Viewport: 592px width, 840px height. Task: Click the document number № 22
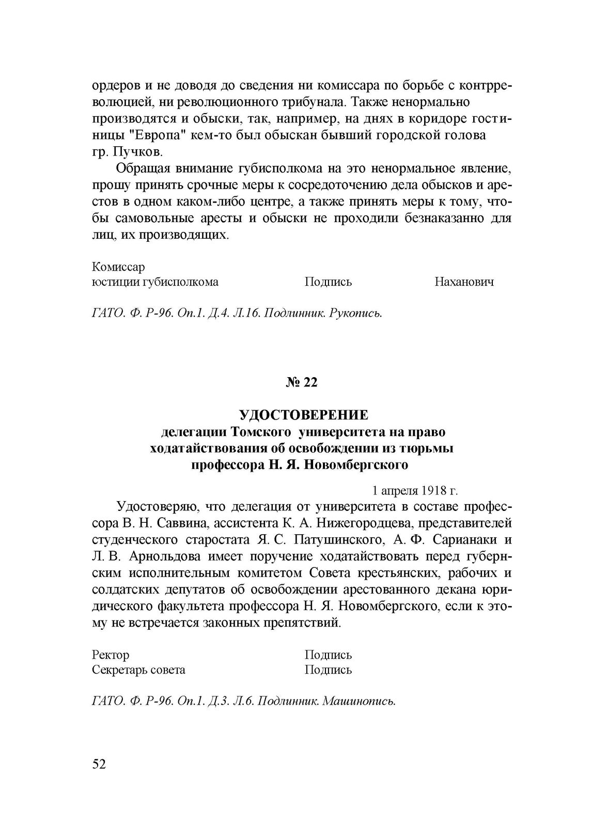302,383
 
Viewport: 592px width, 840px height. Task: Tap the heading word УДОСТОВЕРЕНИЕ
303,415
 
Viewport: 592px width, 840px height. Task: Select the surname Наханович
464,282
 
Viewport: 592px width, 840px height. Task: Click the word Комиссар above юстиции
118,267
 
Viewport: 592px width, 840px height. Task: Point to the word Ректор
111,655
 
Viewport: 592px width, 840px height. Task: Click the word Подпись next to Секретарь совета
328,670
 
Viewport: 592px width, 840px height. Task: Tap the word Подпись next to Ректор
328,655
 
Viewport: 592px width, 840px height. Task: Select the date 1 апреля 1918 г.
415,490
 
